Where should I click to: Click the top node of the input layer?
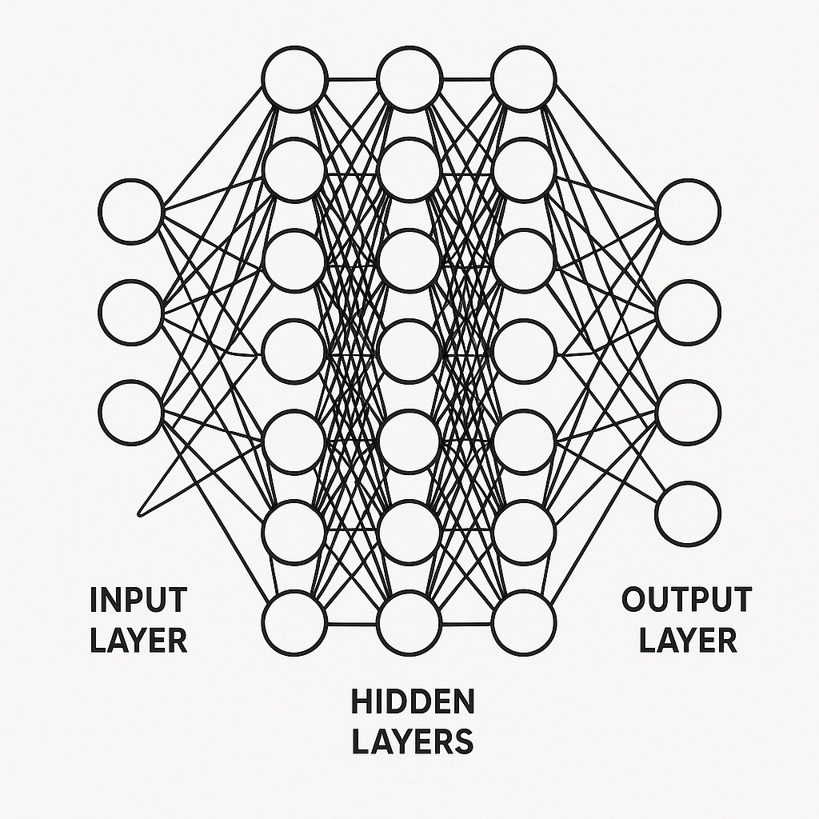click(130, 211)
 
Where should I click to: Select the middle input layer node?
click(130, 312)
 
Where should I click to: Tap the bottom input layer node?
click(130, 413)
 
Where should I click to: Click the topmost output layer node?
click(689, 211)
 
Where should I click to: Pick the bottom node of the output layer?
click(689, 513)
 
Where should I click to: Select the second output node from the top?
click(689, 312)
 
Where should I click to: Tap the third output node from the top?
click(689, 413)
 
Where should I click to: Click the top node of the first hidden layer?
click(294, 79)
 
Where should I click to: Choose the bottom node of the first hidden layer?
click(294, 622)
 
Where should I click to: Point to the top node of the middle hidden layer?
click(409, 79)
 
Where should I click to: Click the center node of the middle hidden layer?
click(409, 350)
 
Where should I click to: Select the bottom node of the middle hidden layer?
click(409, 622)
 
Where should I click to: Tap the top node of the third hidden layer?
click(524, 79)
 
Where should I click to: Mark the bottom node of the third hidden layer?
click(524, 622)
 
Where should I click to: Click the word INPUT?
click(138, 599)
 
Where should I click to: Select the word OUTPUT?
click(687, 599)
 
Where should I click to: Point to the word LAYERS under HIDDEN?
click(412, 741)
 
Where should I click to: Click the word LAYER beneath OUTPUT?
click(687, 640)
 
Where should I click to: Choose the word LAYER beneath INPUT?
click(138, 640)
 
